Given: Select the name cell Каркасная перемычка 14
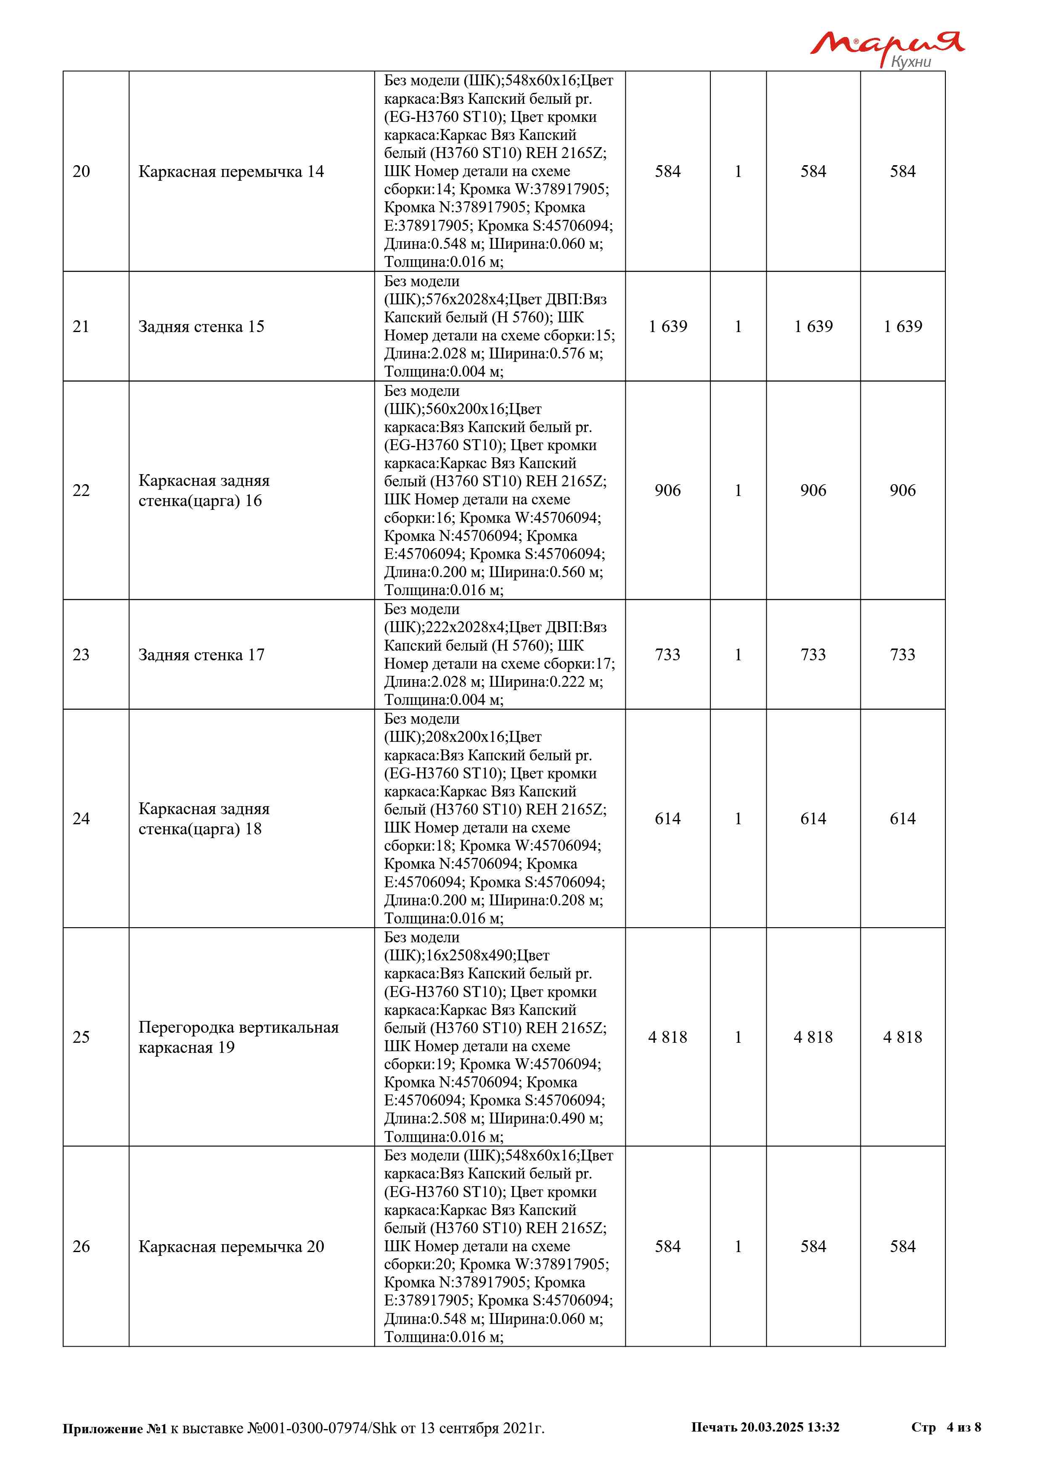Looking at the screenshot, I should point(231,171).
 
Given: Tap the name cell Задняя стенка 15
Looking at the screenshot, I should point(201,327).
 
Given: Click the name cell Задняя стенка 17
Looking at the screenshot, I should point(201,655).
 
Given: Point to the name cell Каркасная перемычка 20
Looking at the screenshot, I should point(231,1246).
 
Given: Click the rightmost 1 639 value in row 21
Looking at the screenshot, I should point(903,327).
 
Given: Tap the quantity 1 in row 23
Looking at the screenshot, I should point(738,655).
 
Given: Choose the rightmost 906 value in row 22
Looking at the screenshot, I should point(903,490).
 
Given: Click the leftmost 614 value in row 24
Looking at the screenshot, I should point(667,818).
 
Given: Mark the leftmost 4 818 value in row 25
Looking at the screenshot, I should point(667,1037).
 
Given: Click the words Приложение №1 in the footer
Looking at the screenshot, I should point(114,1429).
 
